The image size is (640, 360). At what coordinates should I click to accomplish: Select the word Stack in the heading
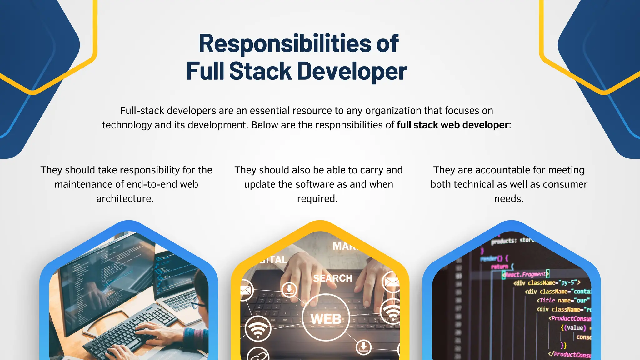260,71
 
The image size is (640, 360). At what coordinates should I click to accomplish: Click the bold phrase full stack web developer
452,125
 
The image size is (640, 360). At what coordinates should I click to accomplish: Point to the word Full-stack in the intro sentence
142,111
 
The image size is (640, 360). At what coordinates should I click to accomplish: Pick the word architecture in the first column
125,199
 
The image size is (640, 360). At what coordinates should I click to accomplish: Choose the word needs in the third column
509,199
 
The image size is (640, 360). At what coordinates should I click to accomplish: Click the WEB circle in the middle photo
326,318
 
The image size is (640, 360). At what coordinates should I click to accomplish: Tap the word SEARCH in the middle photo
332,278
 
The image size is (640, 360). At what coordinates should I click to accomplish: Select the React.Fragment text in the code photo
526,274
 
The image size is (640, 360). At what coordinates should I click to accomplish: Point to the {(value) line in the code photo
573,328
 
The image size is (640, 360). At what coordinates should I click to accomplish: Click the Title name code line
562,300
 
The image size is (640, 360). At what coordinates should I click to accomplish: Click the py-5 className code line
547,283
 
